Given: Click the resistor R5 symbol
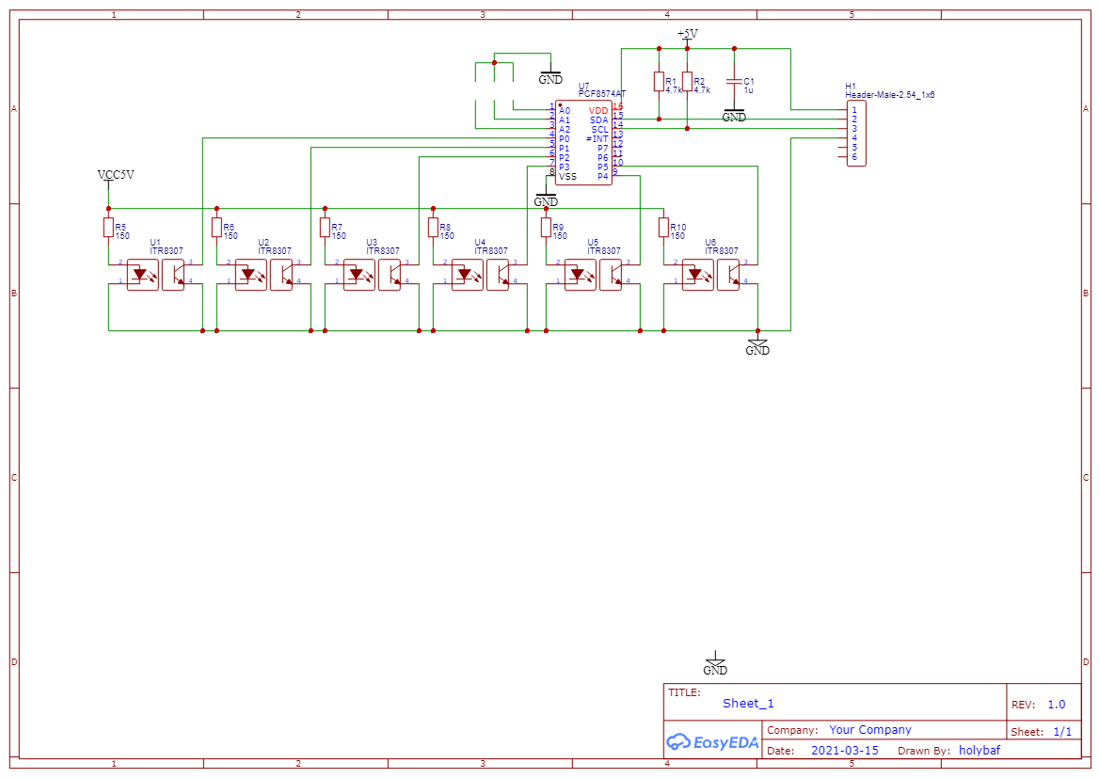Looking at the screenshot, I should [x=108, y=228].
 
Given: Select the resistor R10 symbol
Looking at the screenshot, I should [x=663, y=228].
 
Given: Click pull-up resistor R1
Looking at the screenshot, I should [x=659, y=83].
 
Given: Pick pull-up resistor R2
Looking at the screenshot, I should [x=687, y=83].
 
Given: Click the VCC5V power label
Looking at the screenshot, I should [x=116, y=175].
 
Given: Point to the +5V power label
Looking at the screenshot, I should [x=688, y=34].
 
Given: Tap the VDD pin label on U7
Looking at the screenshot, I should [x=598, y=111].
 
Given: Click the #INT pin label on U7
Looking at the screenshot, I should [x=597, y=139].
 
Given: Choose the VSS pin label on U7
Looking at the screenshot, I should [x=567, y=177].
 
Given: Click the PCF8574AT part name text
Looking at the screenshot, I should [x=601, y=94].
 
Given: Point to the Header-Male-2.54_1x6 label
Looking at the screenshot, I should [x=889, y=95].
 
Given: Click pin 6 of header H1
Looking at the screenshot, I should [x=854, y=157].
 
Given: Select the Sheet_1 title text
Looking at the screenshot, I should [x=748, y=703].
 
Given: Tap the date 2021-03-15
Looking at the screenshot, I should [x=844, y=751].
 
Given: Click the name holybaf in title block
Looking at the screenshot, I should [x=980, y=751].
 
